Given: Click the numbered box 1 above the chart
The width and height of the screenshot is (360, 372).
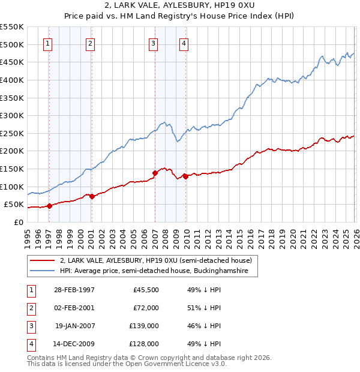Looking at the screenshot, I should click(47, 43).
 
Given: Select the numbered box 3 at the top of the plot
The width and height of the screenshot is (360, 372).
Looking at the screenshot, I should click(154, 43).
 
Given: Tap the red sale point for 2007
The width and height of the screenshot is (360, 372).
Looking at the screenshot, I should click(155, 173).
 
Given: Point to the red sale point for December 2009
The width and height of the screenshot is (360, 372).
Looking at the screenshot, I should click(185, 176).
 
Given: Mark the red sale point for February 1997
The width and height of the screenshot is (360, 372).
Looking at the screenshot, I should click(50, 206).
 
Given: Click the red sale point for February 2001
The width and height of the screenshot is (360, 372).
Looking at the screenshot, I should click(91, 196).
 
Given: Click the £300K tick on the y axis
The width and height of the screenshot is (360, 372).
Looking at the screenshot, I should click(12, 115).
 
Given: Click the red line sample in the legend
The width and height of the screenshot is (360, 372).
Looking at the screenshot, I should click(42, 260).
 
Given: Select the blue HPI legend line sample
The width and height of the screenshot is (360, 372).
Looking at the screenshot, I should click(42, 271).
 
